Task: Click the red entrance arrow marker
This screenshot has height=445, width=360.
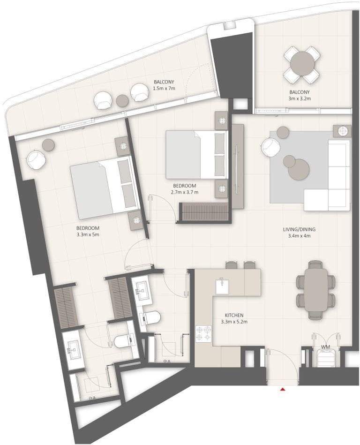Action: click(x=282, y=389)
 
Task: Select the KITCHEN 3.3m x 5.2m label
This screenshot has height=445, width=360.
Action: click(x=234, y=319)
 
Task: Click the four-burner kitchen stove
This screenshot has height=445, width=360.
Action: click(x=203, y=333)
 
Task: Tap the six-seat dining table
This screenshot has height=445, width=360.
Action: click(x=316, y=290)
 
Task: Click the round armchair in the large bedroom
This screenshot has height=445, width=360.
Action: click(x=36, y=160)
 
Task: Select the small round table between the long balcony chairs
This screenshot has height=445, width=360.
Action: click(x=122, y=100)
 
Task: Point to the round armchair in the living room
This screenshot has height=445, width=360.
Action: click(x=270, y=147)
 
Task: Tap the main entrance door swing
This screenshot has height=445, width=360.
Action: click(x=282, y=366)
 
